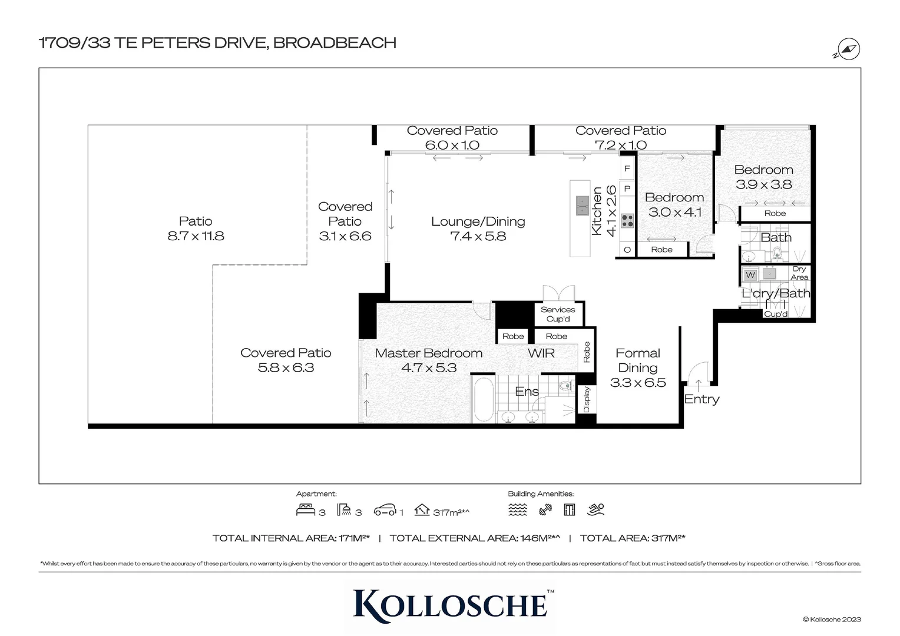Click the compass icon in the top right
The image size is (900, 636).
(848, 50)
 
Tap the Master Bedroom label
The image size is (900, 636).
(428, 353)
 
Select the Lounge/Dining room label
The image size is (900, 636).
(478, 222)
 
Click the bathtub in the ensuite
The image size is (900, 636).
(484, 399)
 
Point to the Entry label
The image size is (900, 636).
(702, 399)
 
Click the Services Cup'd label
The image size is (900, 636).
(558, 314)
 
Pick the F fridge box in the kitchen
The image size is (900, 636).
(627, 169)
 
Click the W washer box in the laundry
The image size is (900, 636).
(750, 275)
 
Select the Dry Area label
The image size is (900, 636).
(799, 273)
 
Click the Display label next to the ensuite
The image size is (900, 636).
(587, 399)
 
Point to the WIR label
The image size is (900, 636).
(541, 353)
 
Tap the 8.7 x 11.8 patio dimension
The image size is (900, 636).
(196, 236)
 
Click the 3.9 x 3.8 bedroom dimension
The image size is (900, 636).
(763, 184)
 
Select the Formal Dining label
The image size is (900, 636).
(637, 360)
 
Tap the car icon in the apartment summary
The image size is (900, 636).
(385, 510)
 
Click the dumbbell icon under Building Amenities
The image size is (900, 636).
(545, 510)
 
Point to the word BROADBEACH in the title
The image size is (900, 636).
(335, 43)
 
